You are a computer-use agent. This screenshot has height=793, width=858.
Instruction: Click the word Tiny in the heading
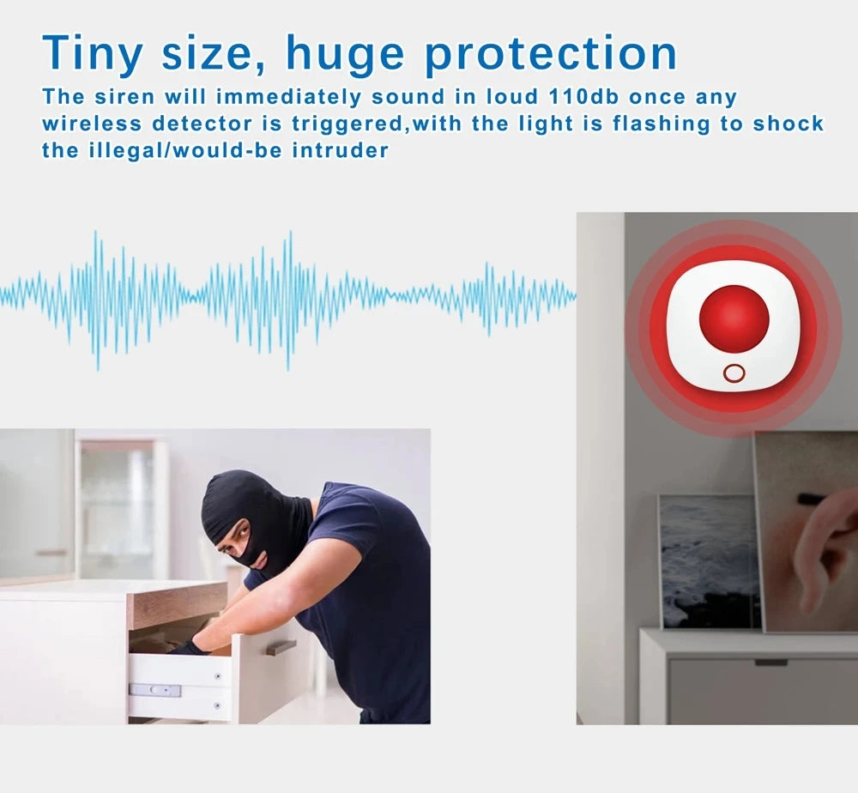(x=94, y=53)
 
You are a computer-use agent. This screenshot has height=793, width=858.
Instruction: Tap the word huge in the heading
(x=344, y=55)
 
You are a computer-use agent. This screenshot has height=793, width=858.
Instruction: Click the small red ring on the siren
(x=734, y=373)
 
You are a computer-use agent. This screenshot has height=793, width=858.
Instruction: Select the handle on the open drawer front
(x=281, y=647)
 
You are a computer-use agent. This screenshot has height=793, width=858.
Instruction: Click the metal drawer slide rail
(x=154, y=689)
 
